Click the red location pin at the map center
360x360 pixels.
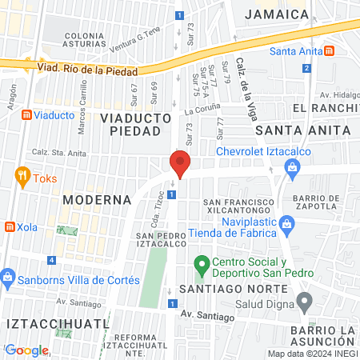[x=180, y=164]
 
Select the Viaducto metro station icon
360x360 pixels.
[x=26, y=115]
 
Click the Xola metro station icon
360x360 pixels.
[x=10, y=226]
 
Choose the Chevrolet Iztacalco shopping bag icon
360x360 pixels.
[x=292, y=167]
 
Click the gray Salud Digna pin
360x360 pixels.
[x=304, y=302]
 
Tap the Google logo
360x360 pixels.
[x=26, y=350]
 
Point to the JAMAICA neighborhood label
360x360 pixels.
[x=277, y=14]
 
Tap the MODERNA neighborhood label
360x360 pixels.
[x=97, y=198]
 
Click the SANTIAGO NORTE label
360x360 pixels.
[x=232, y=287]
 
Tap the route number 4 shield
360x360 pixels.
[x=51, y=260]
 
